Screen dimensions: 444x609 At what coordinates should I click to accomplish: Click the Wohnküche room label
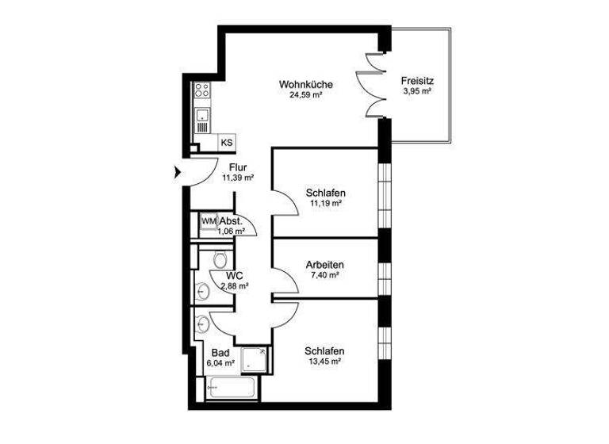(x=305, y=85)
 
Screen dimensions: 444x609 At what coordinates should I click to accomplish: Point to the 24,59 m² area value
(x=305, y=95)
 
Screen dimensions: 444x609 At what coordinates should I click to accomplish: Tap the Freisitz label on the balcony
(x=416, y=80)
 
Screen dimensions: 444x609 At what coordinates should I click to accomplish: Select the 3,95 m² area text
(x=416, y=91)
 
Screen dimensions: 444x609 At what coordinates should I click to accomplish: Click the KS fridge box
(x=226, y=143)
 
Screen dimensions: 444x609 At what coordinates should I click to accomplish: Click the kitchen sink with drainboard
(x=202, y=121)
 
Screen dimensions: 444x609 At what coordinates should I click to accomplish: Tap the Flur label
(x=238, y=167)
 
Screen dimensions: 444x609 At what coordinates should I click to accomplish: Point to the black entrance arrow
(x=177, y=170)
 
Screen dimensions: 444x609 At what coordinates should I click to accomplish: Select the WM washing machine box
(x=209, y=221)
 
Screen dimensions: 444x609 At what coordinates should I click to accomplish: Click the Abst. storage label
(x=231, y=221)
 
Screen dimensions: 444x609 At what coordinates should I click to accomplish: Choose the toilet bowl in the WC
(x=220, y=259)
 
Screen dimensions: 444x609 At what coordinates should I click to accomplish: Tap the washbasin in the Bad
(x=203, y=323)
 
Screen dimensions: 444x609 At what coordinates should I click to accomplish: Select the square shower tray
(x=255, y=359)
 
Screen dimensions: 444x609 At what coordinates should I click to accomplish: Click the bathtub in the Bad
(x=231, y=389)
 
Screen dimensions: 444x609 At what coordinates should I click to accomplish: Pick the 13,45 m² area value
(x=324, y=362)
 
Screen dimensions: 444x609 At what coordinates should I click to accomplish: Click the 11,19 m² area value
(x=324, y=204)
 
